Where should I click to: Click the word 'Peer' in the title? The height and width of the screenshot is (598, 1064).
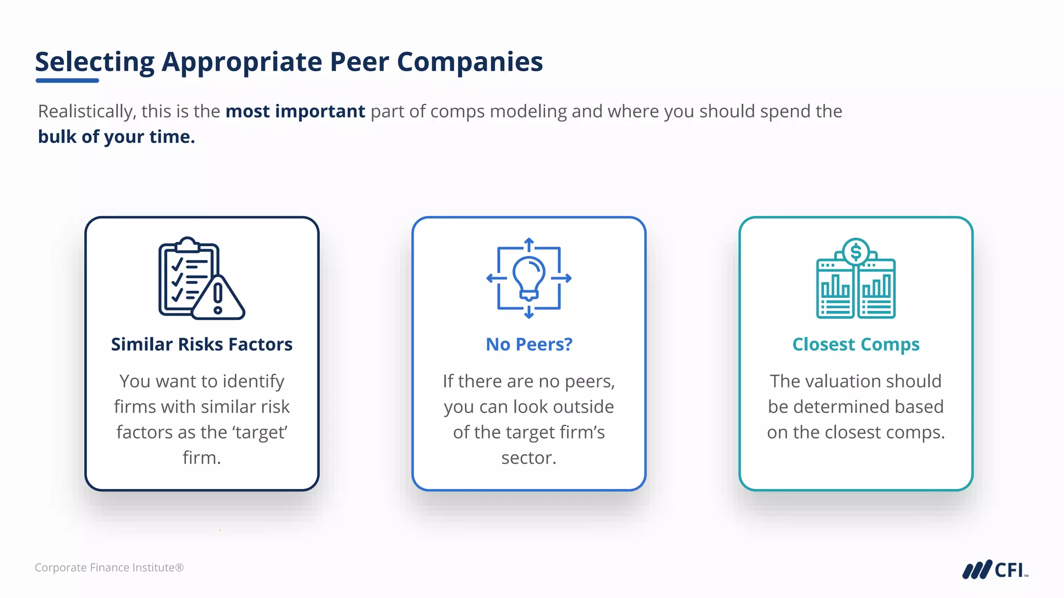coord(359,62)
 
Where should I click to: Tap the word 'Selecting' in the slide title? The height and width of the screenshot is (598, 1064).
coord(95,62)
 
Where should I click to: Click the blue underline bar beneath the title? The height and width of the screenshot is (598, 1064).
coord(67,80)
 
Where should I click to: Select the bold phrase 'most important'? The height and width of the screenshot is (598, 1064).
coord(295,111)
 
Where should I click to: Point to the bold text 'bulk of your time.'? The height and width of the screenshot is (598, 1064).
coord(116,137)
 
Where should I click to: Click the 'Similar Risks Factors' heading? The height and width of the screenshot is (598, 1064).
coord(202,344)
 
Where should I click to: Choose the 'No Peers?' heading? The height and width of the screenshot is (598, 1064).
coord(529,344)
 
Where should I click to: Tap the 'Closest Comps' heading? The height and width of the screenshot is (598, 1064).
coord(856,344)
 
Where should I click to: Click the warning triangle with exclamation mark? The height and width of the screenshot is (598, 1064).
coord(218,298)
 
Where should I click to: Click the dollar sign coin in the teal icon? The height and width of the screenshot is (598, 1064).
coord(856,253)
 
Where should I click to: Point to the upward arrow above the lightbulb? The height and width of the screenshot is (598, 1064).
coord(529,243)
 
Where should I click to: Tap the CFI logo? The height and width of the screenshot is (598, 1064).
coord(994,569)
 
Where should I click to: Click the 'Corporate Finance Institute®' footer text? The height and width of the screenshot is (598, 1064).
coord(109,567)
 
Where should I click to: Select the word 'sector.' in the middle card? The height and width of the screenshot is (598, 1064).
coord(529,458)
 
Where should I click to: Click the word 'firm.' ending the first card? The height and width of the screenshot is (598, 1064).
coord(202,458)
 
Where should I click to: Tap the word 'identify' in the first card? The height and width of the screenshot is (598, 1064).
coord(254,382)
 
